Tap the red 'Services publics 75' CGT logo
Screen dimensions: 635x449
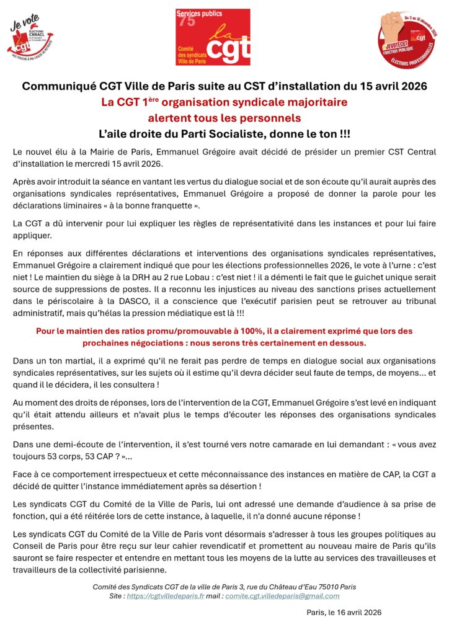(213, 37)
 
